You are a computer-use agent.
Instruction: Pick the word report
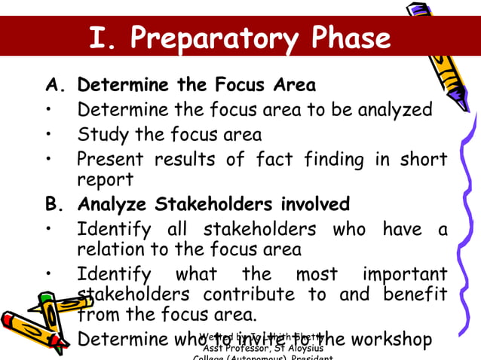pyautogui.click(x=105, y=180)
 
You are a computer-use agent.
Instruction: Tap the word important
pyautogui.click(x=405, y=273)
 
